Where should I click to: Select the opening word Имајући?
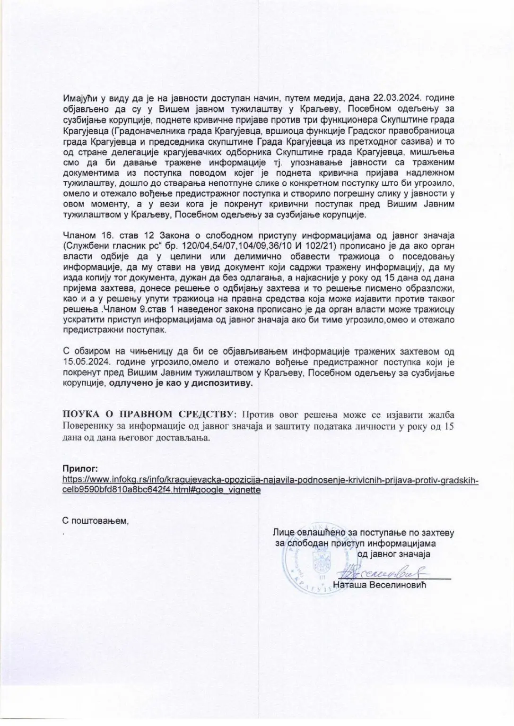point(79,98)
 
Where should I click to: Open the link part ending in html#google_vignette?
point(162,490)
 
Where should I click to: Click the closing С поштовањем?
point(96,520)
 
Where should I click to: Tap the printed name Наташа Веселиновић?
point(380,585)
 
